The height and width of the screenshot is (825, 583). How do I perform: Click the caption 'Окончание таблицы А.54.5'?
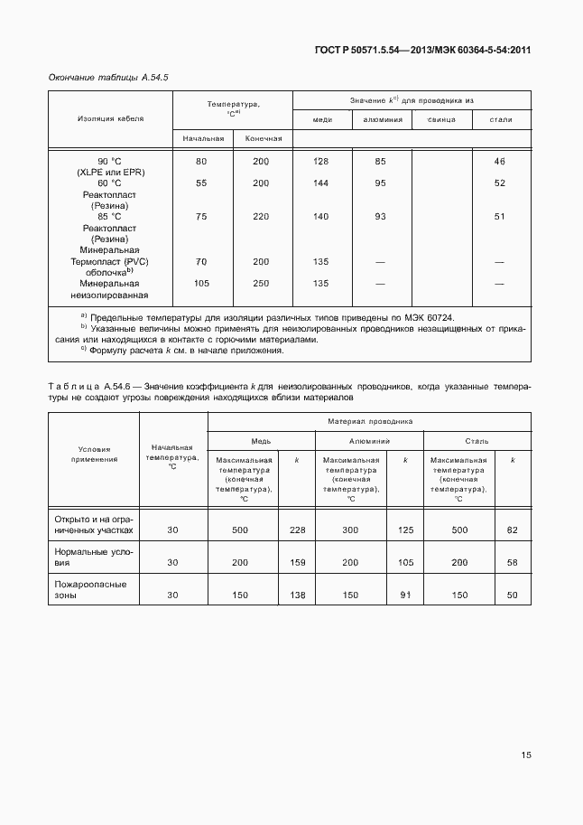click(x=108, y=78)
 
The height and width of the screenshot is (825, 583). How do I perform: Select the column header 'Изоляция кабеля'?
click(x=110, y=118)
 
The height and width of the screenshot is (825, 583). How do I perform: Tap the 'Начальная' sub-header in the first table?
click(x=202, y=138)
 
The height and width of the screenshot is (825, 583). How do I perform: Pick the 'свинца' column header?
click(x=441, y=119)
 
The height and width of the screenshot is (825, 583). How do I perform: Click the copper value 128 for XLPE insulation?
click(x=320, y=161)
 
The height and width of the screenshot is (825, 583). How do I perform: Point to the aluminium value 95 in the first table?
click(x=380, y=183)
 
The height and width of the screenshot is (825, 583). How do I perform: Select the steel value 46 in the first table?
click(x=500, y=161)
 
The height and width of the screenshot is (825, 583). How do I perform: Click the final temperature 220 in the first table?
click(x=261, y=216)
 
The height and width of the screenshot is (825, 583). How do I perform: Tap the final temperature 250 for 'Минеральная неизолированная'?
click(x=261, y=283)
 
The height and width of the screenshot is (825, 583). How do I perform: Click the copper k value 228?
click(x=297, y=530)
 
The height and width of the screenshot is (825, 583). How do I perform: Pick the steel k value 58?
click(x=513, y=562)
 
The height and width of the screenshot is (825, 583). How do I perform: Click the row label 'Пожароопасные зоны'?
click(x=90, y=589)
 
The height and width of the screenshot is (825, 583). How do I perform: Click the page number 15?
click(x=525, y=756)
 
